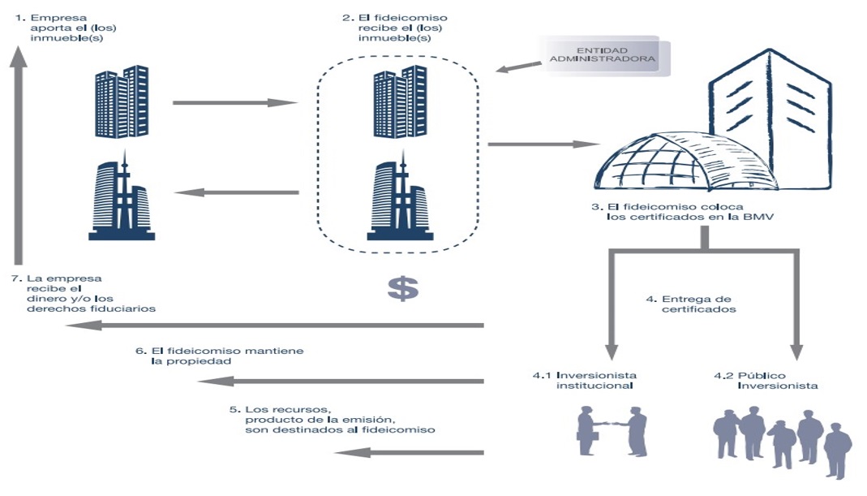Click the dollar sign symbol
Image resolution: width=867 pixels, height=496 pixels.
click(x=402, y=288)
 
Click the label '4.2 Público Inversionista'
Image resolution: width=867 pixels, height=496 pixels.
click(x=765, y=381)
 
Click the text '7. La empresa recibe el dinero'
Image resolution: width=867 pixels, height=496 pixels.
click(x=84, y=293)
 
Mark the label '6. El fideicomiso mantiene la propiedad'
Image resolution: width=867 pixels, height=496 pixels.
click(x=218, y=355)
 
